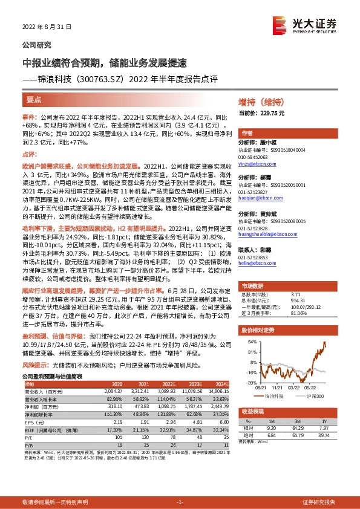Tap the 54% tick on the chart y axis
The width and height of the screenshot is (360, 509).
point(250,342)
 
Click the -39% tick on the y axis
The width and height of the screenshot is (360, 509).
point(249,382)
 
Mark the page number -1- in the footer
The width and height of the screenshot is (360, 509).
point(180,501)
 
